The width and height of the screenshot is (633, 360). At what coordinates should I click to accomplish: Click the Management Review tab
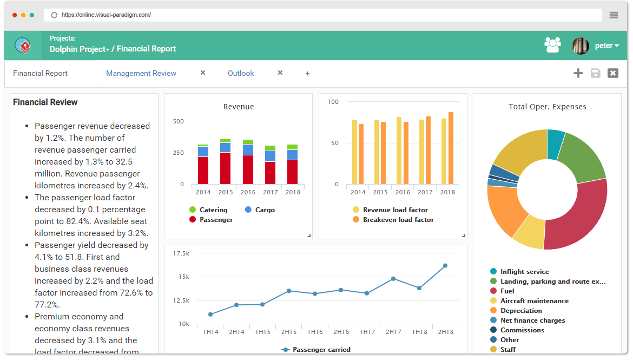[141, 73]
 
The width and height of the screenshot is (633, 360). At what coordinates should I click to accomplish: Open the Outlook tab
[241, 73]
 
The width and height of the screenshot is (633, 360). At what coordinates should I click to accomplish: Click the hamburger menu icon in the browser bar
[614, 15]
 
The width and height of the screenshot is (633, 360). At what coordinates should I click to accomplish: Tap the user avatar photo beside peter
[580, 45]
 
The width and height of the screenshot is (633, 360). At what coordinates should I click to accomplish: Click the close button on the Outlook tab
[280, 73]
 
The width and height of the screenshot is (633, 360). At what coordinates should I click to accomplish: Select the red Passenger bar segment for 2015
[225, 168]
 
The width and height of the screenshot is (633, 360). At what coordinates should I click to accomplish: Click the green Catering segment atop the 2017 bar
[270, 148]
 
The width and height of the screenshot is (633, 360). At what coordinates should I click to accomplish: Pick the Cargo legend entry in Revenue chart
[260, 210]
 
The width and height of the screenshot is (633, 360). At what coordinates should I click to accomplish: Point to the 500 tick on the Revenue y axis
[178, 121]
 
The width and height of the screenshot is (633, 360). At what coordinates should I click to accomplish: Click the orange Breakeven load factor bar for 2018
[451, 148]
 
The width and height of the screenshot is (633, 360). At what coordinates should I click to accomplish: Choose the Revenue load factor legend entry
[390, 210]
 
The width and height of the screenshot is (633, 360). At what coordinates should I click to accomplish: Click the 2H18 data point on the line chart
[445, 266]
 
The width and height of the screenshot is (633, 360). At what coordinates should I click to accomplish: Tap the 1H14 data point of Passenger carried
[210, 315]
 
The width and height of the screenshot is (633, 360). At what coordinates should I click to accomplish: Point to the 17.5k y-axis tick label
[181, 253]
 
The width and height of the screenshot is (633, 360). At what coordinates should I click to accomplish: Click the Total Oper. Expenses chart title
[547, 107]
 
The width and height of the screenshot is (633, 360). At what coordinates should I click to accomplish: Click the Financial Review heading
[45, 102]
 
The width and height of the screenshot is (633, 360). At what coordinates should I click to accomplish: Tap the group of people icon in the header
[553, 45]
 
